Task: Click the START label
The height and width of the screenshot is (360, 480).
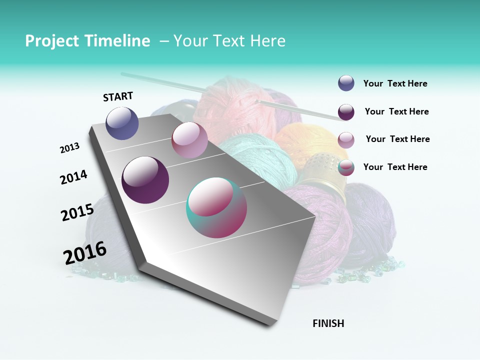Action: coord(118,96)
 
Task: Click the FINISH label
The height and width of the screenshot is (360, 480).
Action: coord(328,323)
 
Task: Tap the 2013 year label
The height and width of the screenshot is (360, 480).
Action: coord(69,148)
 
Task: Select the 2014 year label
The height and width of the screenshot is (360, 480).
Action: coord(73,177)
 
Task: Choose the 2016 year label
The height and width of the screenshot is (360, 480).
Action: coord(85,252)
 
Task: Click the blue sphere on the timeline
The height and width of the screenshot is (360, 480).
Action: coord(122,123)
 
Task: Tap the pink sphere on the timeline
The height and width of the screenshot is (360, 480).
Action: coord(189,140)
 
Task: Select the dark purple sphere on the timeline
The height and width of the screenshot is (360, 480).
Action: coord(145,179)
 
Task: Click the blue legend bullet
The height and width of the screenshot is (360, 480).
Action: coord(346,83)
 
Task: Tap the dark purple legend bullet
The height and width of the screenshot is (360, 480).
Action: coord(346,112)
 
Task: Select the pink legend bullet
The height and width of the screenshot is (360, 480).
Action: coord(346,140)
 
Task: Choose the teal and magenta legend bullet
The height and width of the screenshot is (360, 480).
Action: coord(346,168)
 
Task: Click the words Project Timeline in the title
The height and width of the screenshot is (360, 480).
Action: coord(87,41)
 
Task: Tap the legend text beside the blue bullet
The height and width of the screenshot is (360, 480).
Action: coord(395,84)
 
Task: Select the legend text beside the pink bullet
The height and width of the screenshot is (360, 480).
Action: coord(397,139)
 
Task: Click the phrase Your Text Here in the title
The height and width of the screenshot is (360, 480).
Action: coord(229,41)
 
